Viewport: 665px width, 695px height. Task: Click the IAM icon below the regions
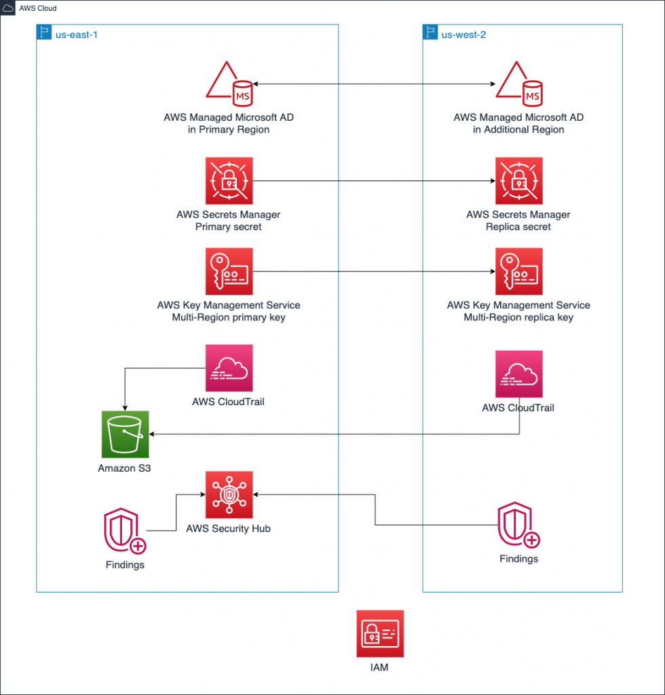pyautogui.click(x=380, y=633)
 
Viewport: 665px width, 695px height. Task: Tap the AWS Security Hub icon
pyautogui.click(x=229, y=494)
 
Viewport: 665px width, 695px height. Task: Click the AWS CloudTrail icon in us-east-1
pyautogui.click(x=229, y=368)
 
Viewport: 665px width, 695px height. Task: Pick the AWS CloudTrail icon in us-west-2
pyautogui.click(x=519, y=374)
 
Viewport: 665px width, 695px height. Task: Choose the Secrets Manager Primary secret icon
pyautogui.click(x=229, y=181)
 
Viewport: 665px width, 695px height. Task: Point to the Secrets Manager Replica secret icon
pyautogui.click(x=519, y=181)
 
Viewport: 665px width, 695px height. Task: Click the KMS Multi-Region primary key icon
pyautogui.click(x=229, y=271)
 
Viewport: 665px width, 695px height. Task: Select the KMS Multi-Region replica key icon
pyautogui.click(x=519, y=271)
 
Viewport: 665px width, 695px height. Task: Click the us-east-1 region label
pyautogui.click(x=77, y=34)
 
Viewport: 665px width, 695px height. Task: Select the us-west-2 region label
pyautogui.click(x=464, y=34)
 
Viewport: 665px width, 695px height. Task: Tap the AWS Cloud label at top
pyautogui.click(x=38, y=9)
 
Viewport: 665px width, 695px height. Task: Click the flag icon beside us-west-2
pyautogui.click(x=430, y=33)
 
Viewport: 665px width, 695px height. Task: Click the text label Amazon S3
pyautogui.click(x=126, y=468)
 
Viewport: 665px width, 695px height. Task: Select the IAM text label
pyautogui.click(x=380, y=668)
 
